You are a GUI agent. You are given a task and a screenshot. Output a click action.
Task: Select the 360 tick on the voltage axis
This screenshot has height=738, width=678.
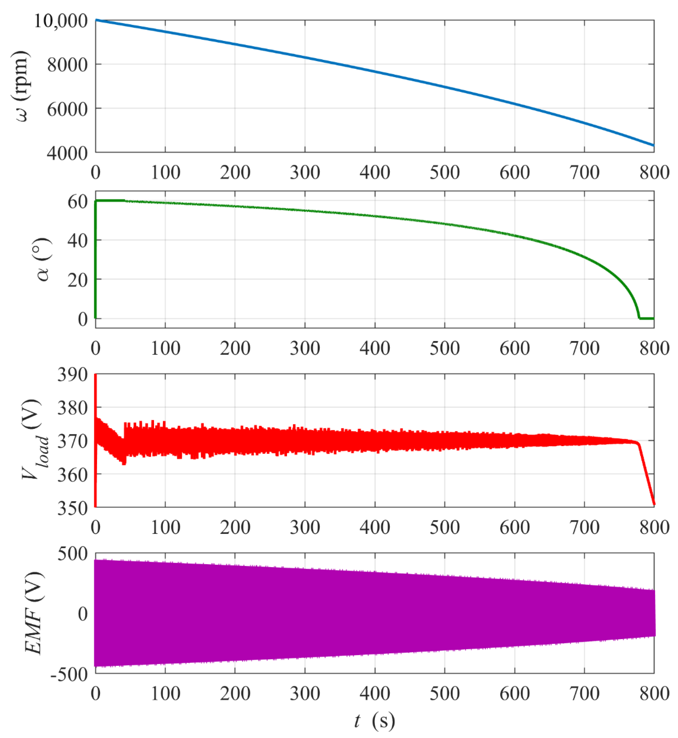72,475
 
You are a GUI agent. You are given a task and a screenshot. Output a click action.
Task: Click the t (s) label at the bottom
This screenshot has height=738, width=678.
374,720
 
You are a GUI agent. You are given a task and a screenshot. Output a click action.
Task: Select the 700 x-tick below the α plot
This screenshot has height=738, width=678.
584,348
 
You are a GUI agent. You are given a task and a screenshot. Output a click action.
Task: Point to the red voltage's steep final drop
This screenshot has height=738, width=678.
646,475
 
